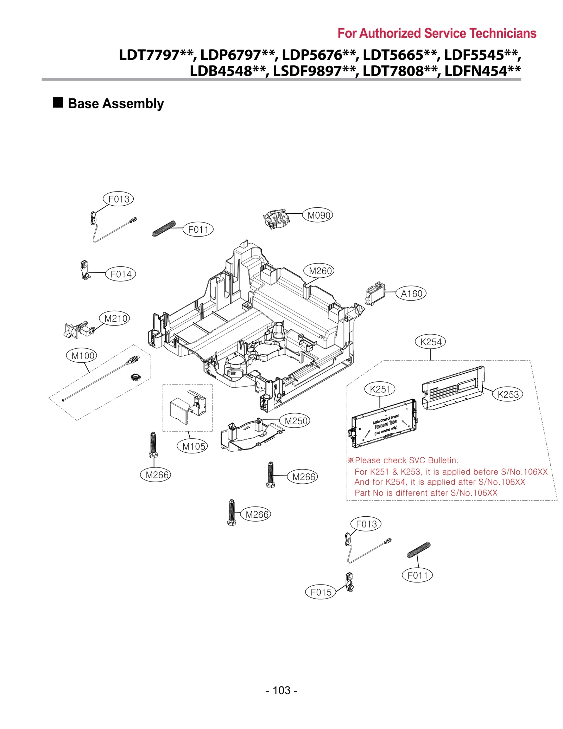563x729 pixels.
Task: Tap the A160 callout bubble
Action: pyautogui.click(x=411, y=293)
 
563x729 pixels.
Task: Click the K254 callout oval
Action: pyautogui.click(x=430, y=342)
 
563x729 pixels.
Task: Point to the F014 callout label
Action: pyautogui.click(x=120, y=274)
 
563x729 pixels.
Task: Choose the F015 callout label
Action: pyautogui.click(x=320, y=592)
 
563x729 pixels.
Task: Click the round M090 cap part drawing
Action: pyautogui.click(x=276, y=219)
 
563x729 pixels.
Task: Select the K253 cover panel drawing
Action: pyautogui.click(x=453, y=388)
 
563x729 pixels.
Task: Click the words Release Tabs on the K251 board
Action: pyautogui.click(x=386, y=424)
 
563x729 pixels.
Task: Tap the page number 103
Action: pyautogui.click(x=281, y=690)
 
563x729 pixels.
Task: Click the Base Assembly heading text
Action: pyautogui.click(x=116, y=104)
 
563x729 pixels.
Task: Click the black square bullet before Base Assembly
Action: pyautogui.click(x=58, y=103)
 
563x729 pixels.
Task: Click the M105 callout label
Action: pyautogui.click(x=192, y=446)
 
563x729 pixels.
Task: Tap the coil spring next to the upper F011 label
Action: pyautogui.click(x=164, y=228)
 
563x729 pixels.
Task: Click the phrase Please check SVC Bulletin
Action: pyautogui.click(x=406, y=460)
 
